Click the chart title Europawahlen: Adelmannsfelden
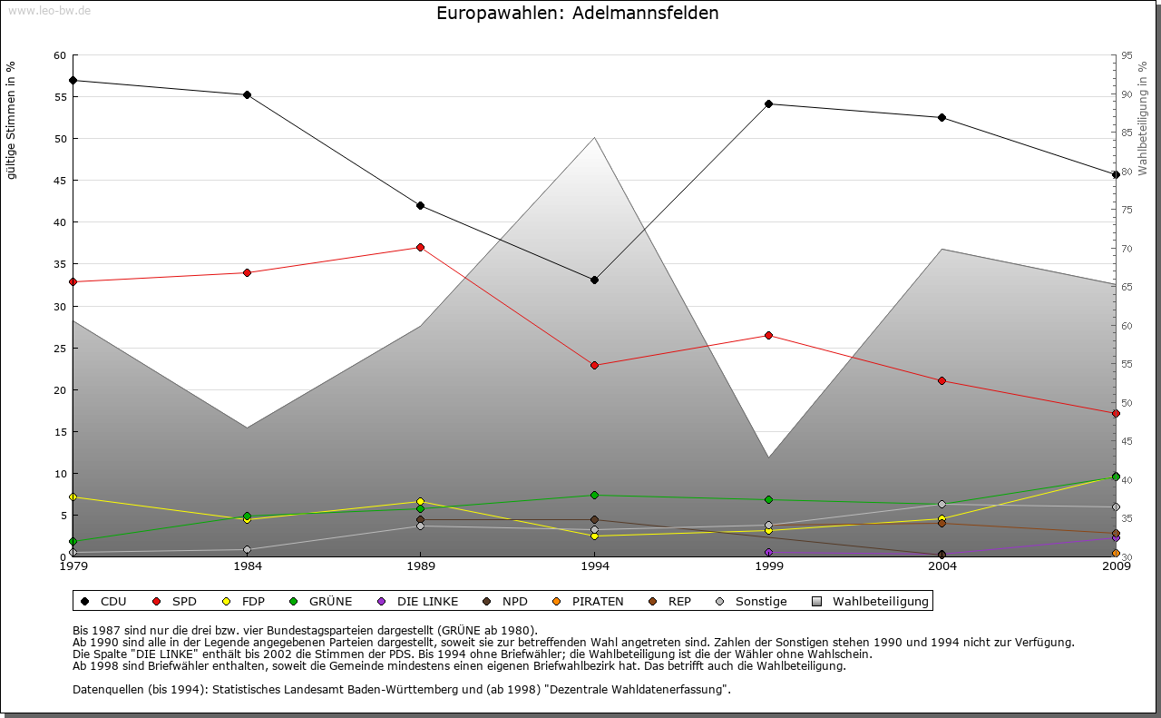point(577,13)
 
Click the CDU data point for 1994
point(594,280)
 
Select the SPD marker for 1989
point(420,247)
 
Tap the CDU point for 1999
point(768,103)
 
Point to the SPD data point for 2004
point(941,380)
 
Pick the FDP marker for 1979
point(73,497)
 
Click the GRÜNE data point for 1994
point(594,495)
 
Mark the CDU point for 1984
point(247,94)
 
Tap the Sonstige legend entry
point(752,601)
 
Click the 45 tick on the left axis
point(60,181)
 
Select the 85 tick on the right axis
point(1127,133)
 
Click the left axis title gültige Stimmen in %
point(12,120)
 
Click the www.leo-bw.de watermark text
point(49,10)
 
